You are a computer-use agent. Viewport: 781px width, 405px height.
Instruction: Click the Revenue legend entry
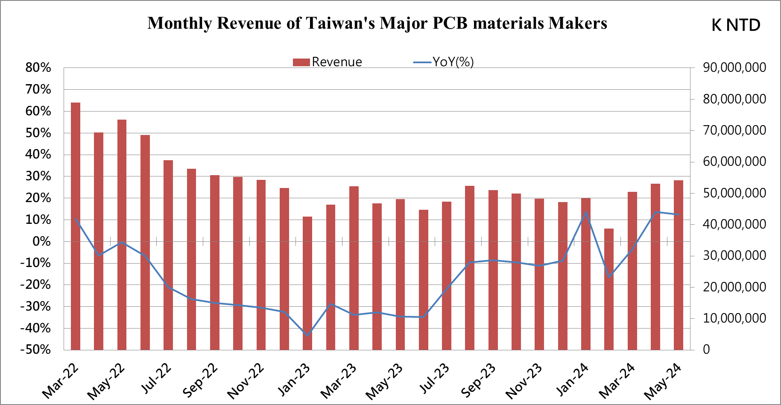(328, 62)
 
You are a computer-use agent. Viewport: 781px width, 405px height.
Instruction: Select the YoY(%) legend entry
(444, 62)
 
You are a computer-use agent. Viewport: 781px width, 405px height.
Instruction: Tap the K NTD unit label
(735, 25)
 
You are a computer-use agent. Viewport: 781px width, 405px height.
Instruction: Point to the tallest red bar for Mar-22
(76, 226)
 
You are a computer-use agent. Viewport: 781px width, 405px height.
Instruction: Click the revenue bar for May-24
(678, 265)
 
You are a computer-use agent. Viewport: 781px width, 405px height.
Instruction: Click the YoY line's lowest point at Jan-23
(307, 335)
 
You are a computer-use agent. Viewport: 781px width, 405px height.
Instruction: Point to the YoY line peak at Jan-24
(585, 212)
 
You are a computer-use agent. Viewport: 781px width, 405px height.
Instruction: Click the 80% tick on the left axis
(38, 67)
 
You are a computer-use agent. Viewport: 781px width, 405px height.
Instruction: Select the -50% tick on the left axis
(35, 349)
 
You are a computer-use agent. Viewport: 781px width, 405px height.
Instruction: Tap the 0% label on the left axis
(41, 241)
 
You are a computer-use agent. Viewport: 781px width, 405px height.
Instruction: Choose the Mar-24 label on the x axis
(617, 381)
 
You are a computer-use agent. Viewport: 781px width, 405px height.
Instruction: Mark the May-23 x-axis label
(384, 382)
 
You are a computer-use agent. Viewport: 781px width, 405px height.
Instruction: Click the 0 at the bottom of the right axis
(706, 349)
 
